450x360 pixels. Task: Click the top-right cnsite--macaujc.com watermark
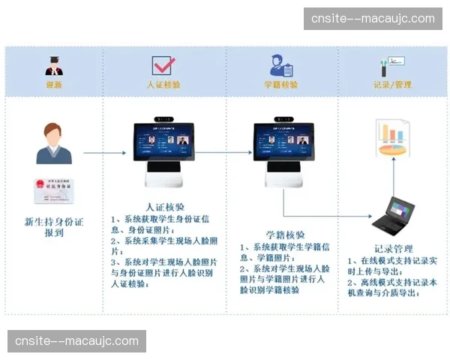pos(373,18)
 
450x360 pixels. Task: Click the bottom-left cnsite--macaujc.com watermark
pos(77,341)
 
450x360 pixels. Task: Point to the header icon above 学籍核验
pos(277,64)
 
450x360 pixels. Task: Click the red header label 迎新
pos(54,85)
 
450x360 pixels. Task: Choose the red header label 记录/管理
pos(392,85)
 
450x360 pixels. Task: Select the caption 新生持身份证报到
pos(53,227)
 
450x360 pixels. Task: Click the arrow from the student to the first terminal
pos(103,153)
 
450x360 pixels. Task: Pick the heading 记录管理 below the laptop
pos(393,249)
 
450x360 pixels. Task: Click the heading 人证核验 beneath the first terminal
pos(163,206)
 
